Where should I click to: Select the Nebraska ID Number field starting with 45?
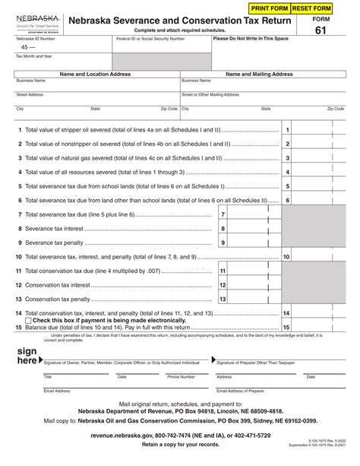(x=61, y=47)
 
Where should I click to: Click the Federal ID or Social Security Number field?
(x=159, y=47)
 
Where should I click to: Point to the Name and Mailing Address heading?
(x=261, y=74)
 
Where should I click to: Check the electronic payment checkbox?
(x=20, y=320)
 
